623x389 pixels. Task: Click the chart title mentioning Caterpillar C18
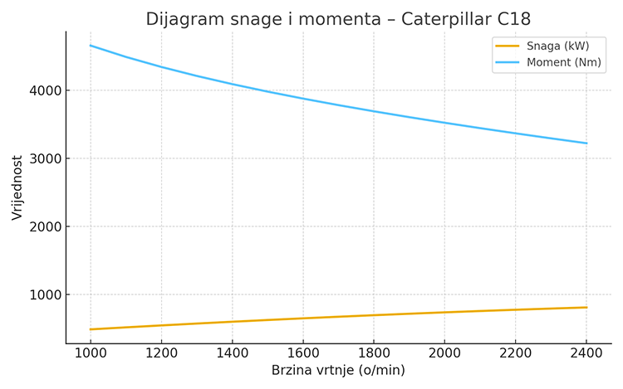pos(338,18)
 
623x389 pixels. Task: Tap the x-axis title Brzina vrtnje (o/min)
pos(338,371)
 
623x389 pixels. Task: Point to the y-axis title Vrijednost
pos(17,187)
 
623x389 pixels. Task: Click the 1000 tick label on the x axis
pos(90,353)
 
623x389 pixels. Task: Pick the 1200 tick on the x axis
pos(161,353)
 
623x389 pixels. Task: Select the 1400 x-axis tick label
pos(232,353)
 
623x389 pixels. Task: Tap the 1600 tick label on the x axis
pos(303,353)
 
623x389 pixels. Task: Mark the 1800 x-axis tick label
pos(374,353)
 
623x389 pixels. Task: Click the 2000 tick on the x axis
pos(445,353)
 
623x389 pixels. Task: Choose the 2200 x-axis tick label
pos(516,353)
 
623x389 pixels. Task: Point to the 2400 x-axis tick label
pos(587,353)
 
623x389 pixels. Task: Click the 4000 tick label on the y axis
pos(43,90)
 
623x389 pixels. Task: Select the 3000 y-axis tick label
pos(43,158)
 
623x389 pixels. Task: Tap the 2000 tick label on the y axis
pos(43,226)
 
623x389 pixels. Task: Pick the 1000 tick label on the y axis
pos(43,295)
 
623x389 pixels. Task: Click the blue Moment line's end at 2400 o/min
pos(587,143)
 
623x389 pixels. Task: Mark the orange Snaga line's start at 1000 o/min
pos(90,329)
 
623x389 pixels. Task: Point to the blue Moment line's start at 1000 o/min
pos(90,45)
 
